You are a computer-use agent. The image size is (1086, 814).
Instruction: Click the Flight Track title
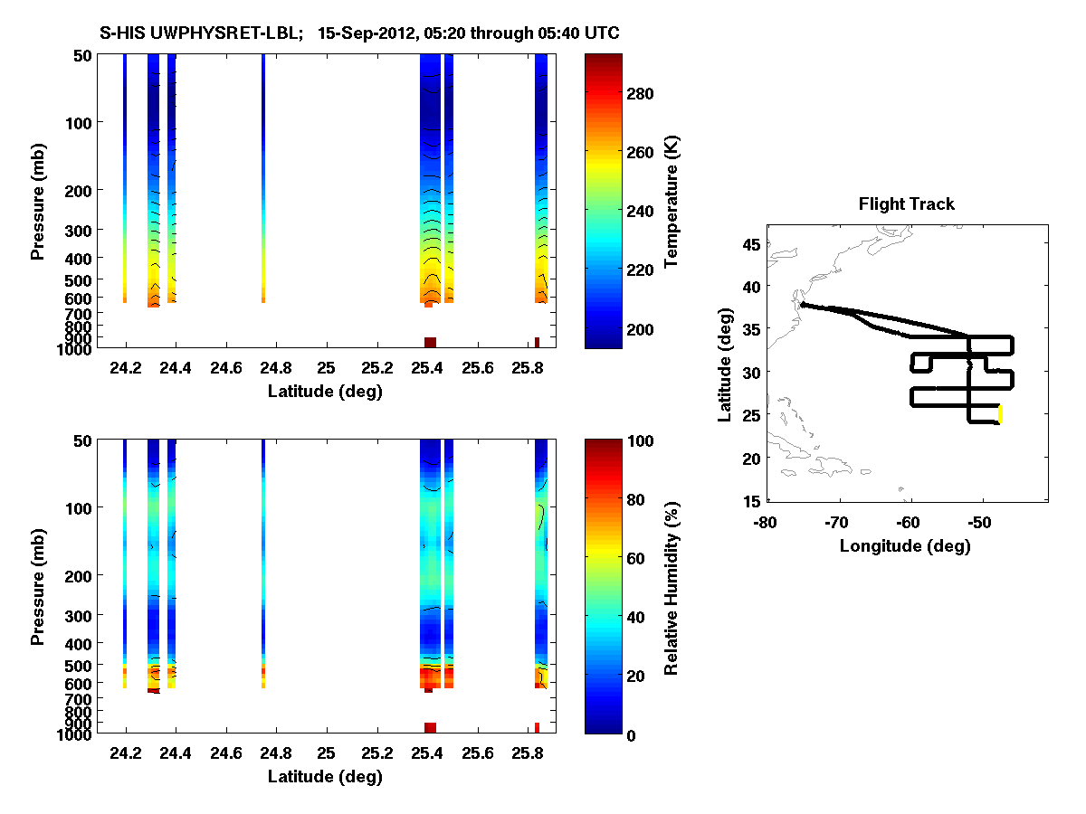(x=906, y=204)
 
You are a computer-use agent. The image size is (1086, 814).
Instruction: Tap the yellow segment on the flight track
(x=1000, y=413)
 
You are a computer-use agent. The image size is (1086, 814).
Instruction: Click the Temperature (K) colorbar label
(x=672, y=202)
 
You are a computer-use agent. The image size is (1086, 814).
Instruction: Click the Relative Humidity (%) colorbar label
(x=672, y=587)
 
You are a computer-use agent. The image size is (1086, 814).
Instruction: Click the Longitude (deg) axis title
(x=905, y=545)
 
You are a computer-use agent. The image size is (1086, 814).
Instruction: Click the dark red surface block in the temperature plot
(x=430, y=342)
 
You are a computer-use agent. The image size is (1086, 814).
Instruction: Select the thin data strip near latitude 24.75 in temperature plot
(x=263, y=181)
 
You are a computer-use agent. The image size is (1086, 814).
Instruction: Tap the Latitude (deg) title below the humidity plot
(x=325, y=777)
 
